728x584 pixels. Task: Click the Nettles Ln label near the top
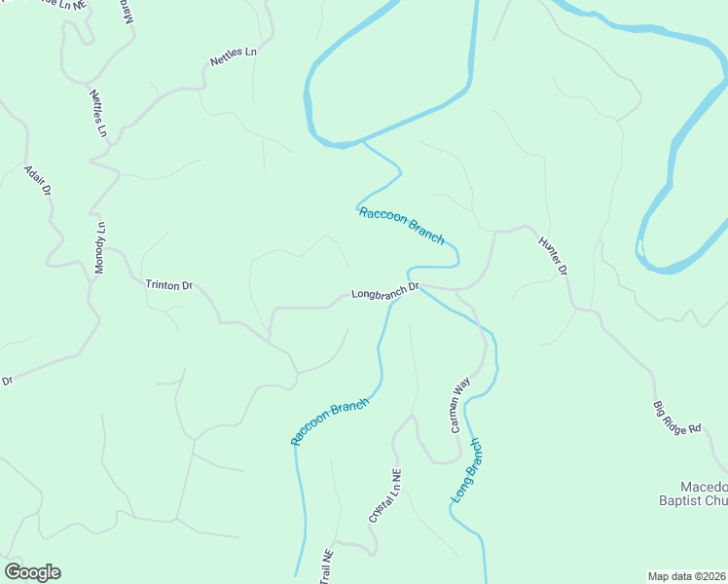pos(234,56)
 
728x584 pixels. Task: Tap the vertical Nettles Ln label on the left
pos(98,113)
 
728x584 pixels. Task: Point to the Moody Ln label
pos(99,248)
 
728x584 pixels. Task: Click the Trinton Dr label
pos(169,285)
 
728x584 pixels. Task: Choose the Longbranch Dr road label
pos(384,291)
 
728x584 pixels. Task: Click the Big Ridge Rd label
pos(677,418)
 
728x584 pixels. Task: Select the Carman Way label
pos(459,404)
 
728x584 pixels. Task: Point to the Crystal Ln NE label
pos(384,495)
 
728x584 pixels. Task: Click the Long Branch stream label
pos(466,470)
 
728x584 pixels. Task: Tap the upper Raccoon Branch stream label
pos(401,226)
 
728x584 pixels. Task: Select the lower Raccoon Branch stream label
pos(330,421)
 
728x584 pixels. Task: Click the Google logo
pos(32,572)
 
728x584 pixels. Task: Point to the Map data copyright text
pos(687,576)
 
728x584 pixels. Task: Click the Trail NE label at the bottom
pos(326,568)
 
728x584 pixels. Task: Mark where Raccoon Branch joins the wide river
pos(363,142)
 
